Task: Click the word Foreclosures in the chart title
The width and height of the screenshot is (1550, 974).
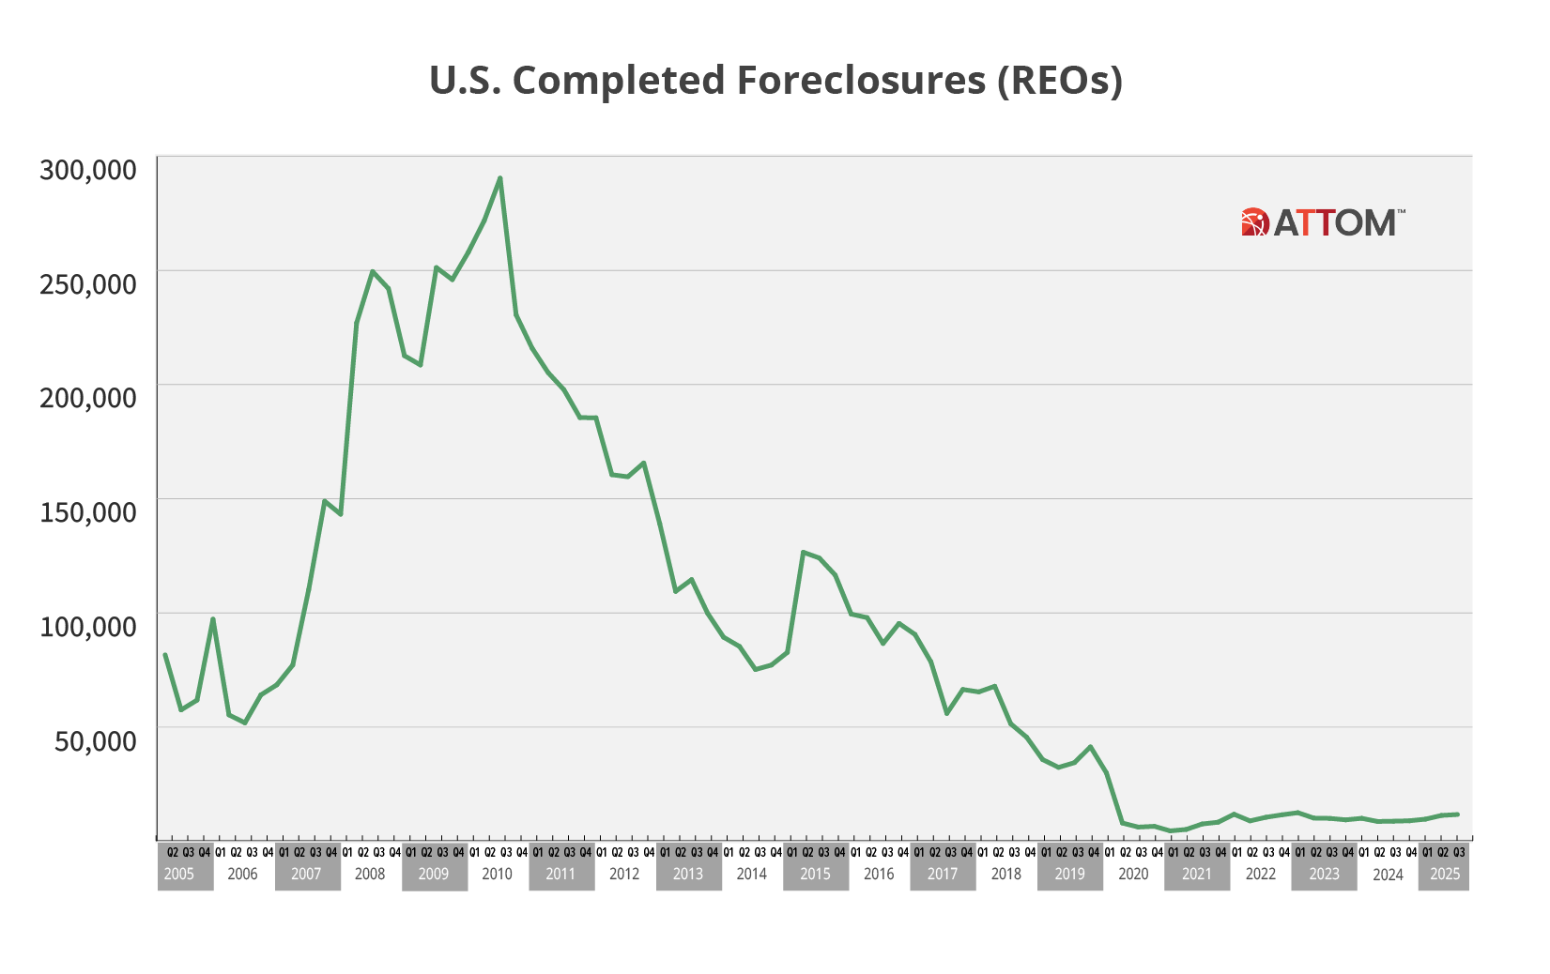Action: click(860, 81)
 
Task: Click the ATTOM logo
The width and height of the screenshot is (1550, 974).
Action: click(1323, 222)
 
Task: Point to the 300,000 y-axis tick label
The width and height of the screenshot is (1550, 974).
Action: click(88, 170)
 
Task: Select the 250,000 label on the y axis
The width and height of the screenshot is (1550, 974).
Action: click(88, 283)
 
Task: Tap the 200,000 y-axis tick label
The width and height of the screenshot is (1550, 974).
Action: click(88, 398)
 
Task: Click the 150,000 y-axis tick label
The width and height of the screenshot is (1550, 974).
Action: click(88, 512)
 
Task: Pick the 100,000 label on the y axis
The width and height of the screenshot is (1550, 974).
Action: click(88, 626)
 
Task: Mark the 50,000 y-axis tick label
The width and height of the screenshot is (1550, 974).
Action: click(94, 740)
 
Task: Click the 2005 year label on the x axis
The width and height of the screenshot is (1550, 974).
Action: click(179, 875)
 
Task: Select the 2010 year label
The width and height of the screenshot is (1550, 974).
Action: click(497, 875)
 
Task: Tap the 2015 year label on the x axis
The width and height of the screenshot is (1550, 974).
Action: click(815, 875)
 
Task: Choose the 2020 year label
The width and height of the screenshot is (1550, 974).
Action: click(1133, 875)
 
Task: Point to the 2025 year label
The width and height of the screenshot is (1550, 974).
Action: click(1445, 875)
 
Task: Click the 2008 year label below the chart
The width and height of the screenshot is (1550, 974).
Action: click(370, 875)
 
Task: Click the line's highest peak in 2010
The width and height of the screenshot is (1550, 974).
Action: click(500, 177)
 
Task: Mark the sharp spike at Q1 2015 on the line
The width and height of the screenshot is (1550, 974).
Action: click(803, 552)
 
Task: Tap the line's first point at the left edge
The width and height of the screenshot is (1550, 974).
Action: click(164, 654)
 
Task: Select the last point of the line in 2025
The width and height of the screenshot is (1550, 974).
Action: click(1458, 814)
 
